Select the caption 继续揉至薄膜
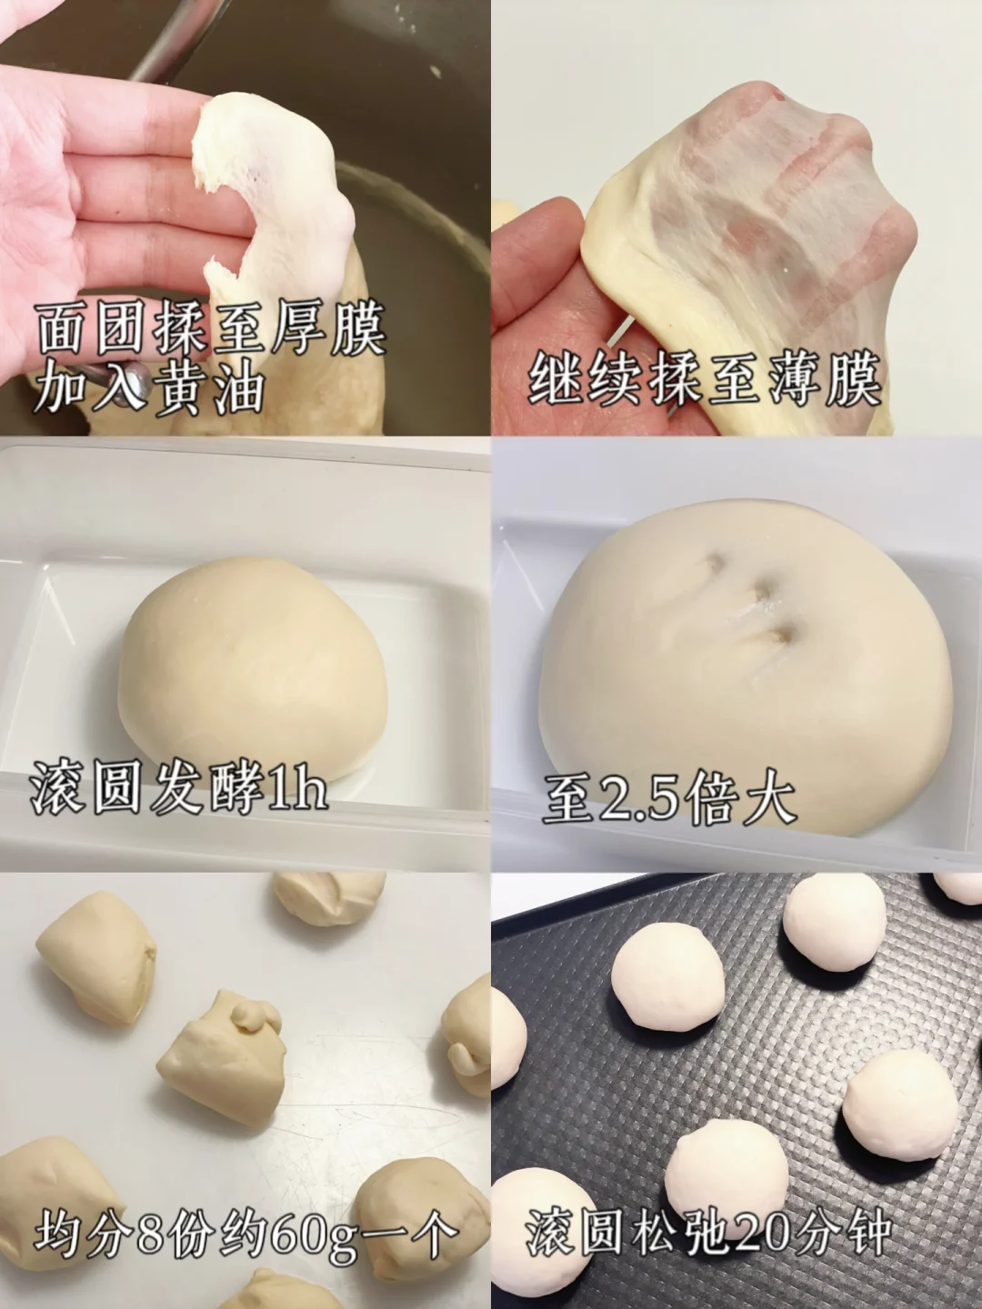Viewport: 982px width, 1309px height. [x=705, y=379]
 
